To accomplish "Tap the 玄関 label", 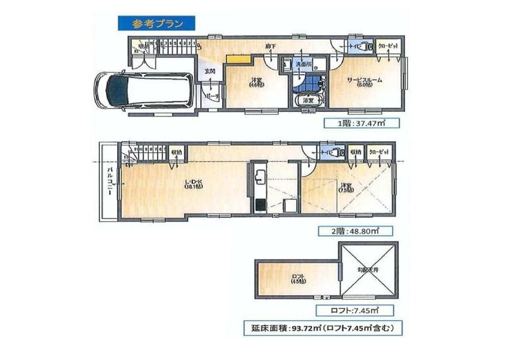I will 210,71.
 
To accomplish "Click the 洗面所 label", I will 304,65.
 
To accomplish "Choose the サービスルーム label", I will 365,80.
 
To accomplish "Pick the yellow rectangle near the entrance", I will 238,60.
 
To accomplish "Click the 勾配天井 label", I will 369,270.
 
